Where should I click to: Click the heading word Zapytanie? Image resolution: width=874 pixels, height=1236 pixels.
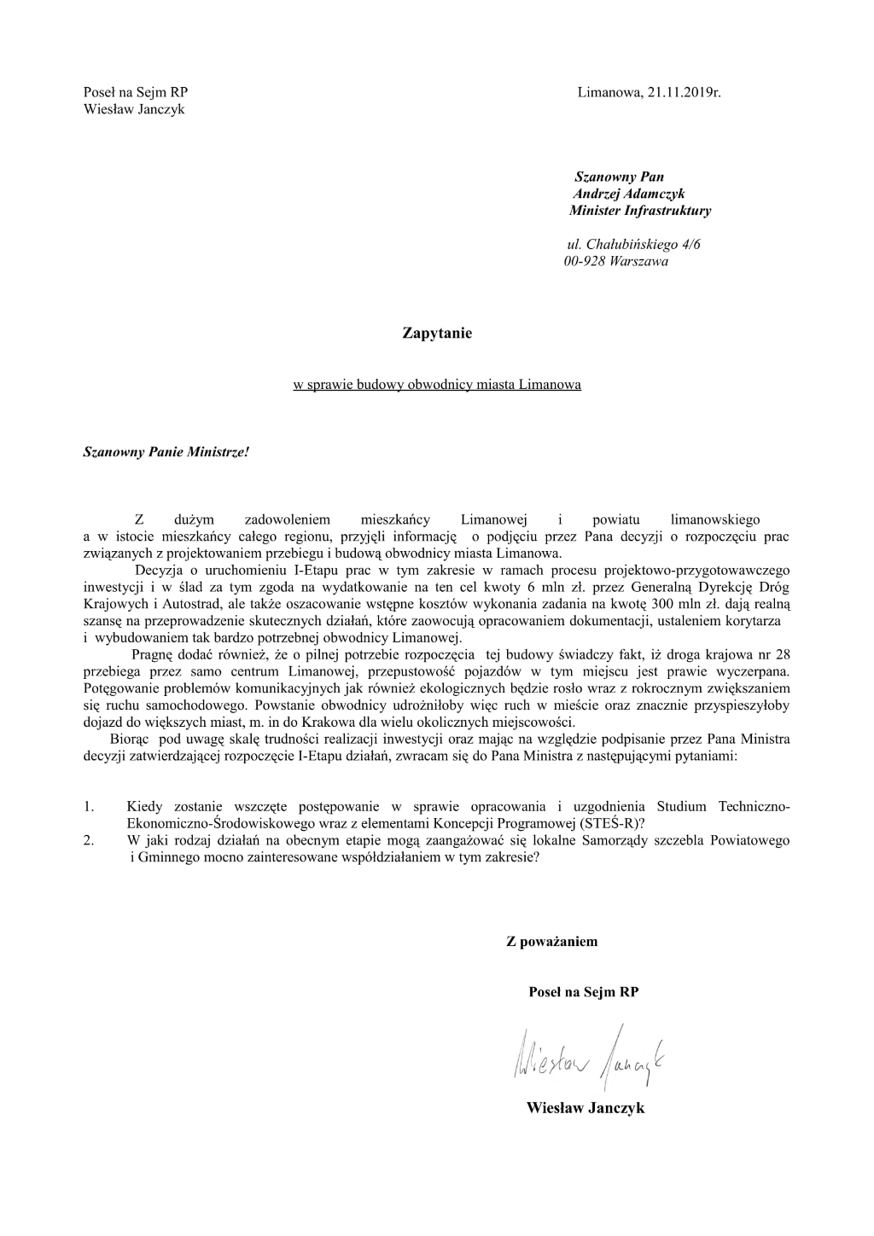pos(436,334)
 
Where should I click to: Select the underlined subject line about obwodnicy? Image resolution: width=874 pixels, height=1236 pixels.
pos(436,385)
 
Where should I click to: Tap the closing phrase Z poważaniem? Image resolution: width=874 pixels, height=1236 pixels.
pos(552,942)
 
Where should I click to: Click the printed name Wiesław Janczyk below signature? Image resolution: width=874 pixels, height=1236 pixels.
pos(585,1108)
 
